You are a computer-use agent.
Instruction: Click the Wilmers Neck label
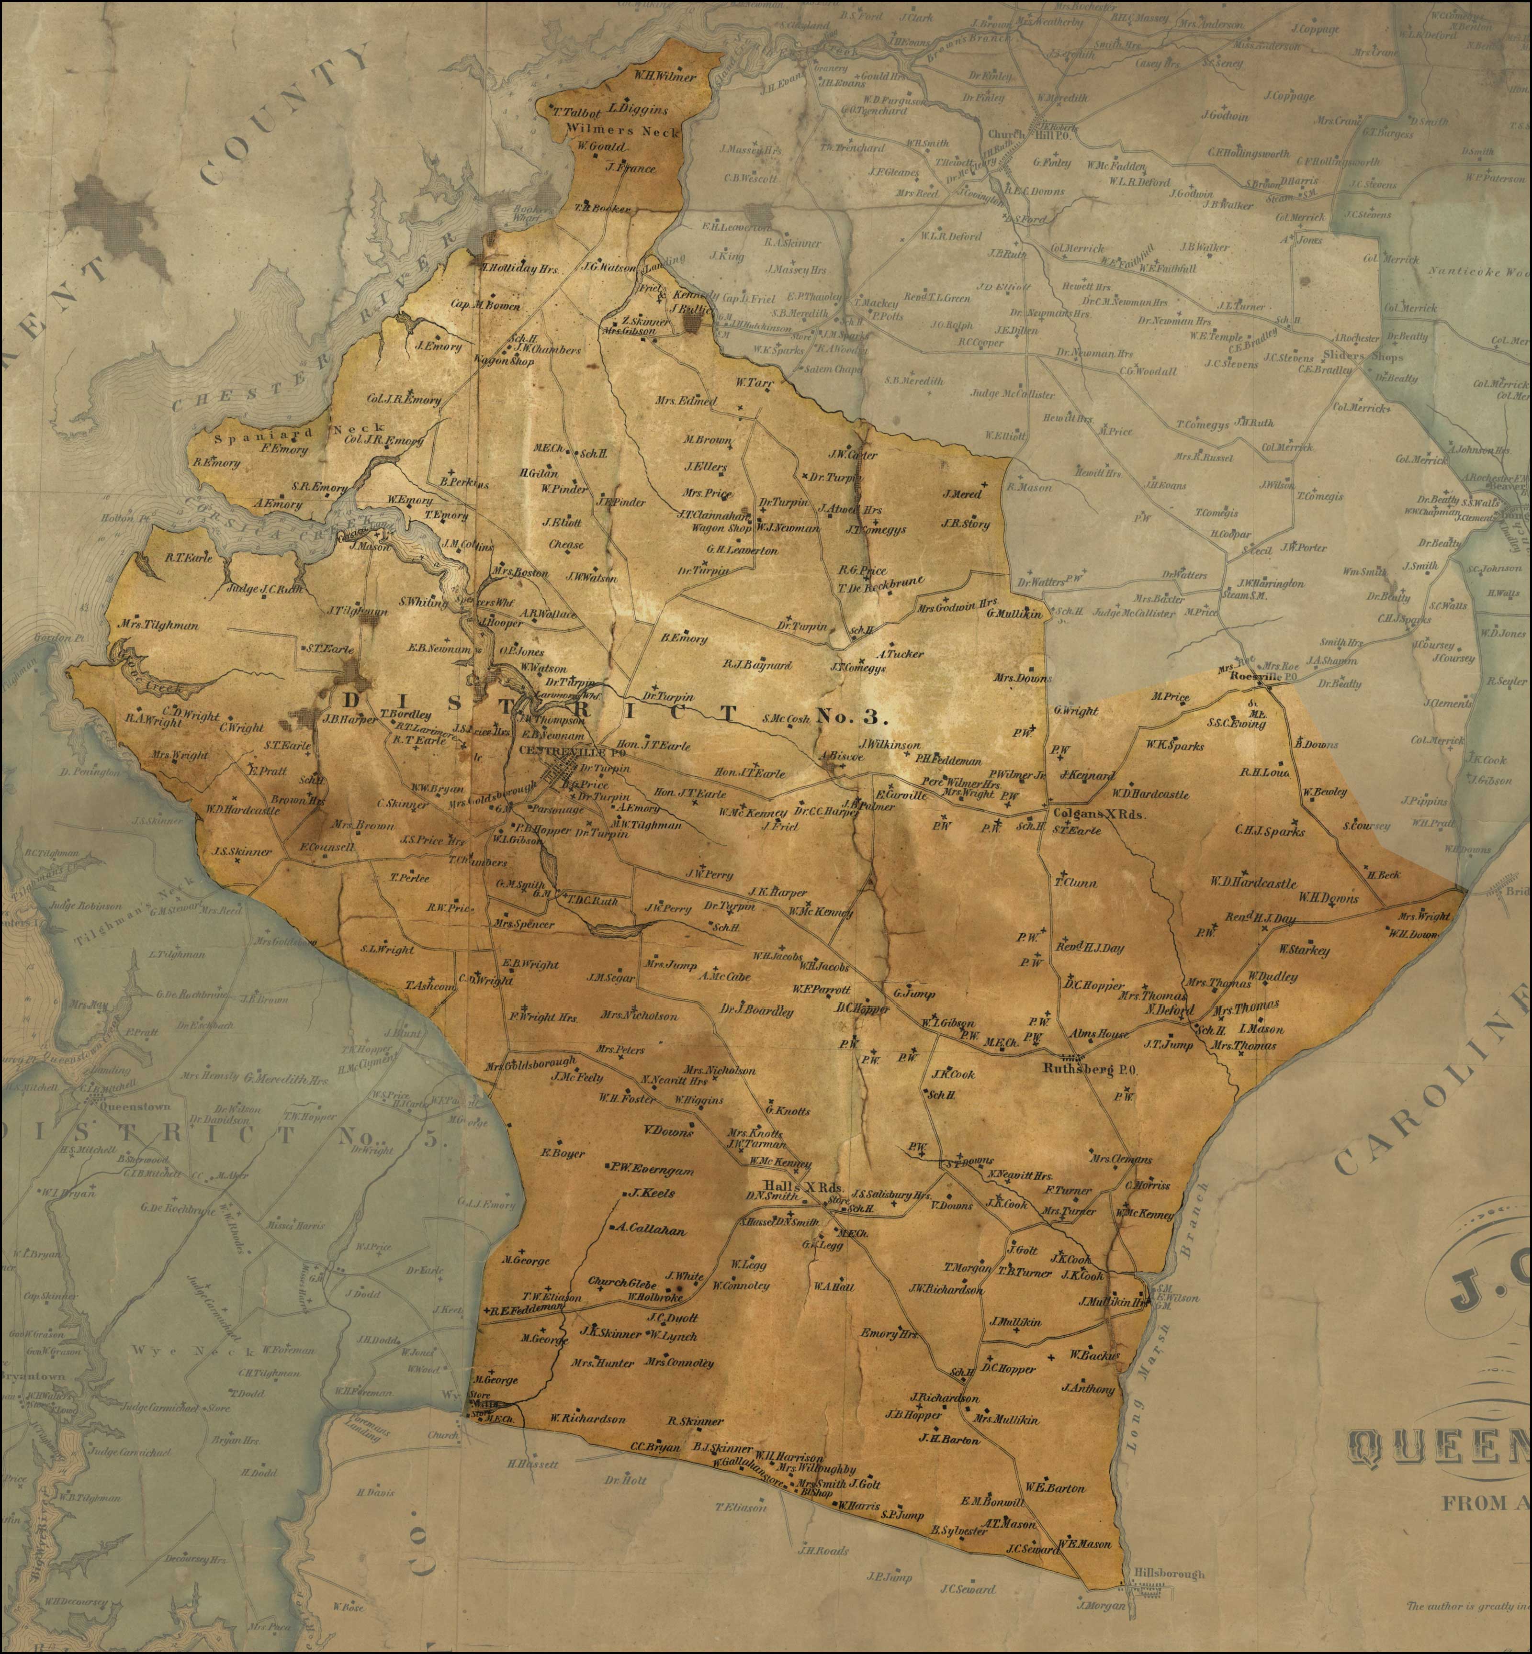tap(634, 132)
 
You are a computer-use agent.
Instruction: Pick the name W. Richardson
tap(587, 1419)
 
